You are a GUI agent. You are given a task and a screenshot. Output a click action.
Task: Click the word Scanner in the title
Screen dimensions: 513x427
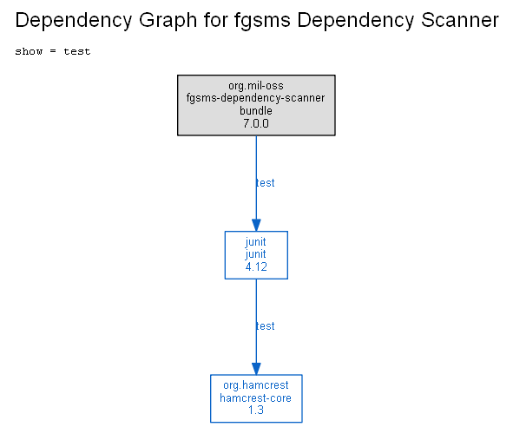460,20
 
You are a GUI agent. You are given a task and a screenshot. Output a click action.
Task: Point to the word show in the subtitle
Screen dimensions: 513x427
29,51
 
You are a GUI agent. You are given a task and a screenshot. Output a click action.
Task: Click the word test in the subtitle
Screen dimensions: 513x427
77,51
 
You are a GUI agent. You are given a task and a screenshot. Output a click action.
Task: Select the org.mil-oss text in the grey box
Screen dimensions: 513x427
256,86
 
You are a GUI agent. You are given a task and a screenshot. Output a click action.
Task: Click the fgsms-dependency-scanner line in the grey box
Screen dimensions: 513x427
256,98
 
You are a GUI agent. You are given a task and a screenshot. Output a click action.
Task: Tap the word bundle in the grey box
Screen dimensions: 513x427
256,110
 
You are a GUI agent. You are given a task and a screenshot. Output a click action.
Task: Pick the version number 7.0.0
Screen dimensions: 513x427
256,123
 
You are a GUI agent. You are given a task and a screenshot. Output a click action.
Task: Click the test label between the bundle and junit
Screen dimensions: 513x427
266,183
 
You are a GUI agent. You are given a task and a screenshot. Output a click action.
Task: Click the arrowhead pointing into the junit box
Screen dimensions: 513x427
256,225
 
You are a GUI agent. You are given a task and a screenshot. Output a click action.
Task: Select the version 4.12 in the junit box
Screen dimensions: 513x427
256,266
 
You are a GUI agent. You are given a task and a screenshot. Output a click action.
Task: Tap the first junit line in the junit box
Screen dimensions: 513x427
255,242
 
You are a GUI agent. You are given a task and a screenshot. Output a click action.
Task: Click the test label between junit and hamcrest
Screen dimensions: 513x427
266,326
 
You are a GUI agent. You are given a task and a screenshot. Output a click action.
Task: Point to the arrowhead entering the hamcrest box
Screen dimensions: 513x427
256,369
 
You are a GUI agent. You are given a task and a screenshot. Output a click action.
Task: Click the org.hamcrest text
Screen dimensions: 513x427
256,385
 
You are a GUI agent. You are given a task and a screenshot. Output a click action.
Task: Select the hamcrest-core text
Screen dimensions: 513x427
255,397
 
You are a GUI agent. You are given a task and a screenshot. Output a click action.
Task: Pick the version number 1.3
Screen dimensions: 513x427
256,410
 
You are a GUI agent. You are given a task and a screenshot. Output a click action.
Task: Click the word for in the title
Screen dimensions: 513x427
215,20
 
